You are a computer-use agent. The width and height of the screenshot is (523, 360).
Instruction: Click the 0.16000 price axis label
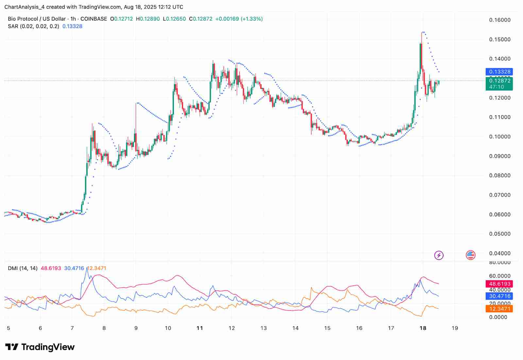[499, 20]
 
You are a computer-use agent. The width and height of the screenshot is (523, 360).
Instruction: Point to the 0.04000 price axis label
[499, 253]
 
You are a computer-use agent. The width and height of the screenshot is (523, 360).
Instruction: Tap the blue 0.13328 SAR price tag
[499, 72]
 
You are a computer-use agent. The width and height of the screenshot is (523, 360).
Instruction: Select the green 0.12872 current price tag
[499, 81]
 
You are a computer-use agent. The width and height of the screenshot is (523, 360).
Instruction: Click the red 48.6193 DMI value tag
[499, 284]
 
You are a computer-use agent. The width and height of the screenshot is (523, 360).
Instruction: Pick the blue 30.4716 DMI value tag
[499, 296]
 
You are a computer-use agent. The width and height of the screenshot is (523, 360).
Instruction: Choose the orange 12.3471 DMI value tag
[499, 309]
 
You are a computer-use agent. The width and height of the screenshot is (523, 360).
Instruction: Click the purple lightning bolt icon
[439, 255]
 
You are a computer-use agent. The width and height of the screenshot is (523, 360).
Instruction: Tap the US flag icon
[470, 255]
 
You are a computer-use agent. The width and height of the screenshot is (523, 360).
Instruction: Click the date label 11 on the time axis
[200, 328]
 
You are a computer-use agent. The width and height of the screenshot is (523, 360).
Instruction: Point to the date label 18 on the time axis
[423, 328]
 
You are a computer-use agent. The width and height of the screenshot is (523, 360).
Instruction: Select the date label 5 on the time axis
[8, 328]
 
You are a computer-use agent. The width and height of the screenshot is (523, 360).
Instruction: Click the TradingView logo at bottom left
[40, 347]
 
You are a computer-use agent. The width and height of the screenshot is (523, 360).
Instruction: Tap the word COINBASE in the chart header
[93, 19]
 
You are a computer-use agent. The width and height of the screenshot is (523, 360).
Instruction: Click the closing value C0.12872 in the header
[200, 19]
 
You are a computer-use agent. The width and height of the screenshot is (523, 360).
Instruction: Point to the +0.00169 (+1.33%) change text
[239, 19]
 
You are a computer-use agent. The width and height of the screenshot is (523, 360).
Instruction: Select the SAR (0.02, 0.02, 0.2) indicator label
[34, 26]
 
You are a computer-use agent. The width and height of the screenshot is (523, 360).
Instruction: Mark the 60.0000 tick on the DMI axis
[499, 276]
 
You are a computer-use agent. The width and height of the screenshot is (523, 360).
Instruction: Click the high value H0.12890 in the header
[148, 19]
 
